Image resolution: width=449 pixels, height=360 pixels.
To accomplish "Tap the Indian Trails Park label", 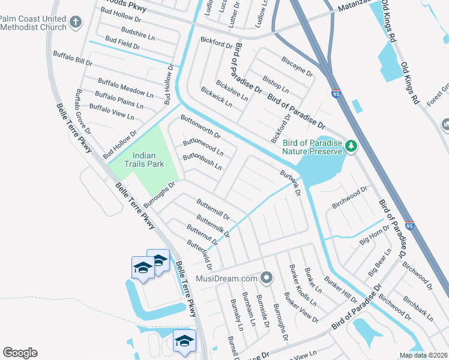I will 139,159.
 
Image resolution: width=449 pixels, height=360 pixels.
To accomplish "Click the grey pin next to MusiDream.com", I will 268,278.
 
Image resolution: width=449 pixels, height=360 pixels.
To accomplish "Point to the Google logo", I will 20,353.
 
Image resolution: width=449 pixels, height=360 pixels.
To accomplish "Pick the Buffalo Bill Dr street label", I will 73,58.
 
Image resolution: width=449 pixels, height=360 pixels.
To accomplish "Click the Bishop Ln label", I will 276,84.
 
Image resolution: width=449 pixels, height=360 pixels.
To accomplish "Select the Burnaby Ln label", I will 235,314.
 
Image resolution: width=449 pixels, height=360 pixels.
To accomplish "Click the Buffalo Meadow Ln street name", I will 125,88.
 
